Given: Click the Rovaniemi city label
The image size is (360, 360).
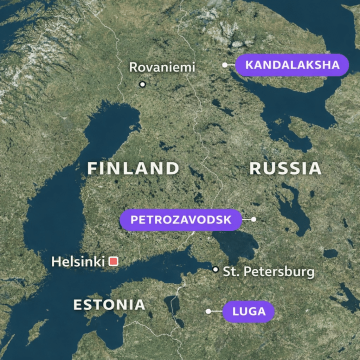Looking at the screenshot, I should point(162,67).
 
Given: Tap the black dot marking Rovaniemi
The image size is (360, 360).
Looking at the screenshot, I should point(142,84).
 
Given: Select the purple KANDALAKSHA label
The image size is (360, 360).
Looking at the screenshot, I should point(292,65).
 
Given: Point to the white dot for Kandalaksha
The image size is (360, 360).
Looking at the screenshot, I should point(225,65).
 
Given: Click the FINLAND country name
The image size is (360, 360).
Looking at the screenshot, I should point(133,168).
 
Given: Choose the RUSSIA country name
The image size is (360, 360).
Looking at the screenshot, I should point(285,168).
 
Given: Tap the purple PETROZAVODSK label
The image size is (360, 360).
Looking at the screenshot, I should point(180,219).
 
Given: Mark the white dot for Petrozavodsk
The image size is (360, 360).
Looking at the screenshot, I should point(253,219).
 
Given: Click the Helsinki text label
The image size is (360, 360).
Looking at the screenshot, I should point(78,261).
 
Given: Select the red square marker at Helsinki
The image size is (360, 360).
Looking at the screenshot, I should point(113,261).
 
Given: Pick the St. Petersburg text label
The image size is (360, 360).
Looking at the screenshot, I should point(268,272).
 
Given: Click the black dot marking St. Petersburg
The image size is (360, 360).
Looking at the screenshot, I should point(215,269).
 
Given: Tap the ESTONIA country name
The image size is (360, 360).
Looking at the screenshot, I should point(109,304).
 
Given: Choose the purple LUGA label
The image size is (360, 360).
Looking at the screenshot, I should point(248,311).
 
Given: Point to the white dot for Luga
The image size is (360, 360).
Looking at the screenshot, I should point(208,311).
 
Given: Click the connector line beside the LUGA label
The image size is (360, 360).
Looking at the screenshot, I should point(216,311).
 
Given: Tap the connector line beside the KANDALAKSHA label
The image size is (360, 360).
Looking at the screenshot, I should point(231,65).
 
